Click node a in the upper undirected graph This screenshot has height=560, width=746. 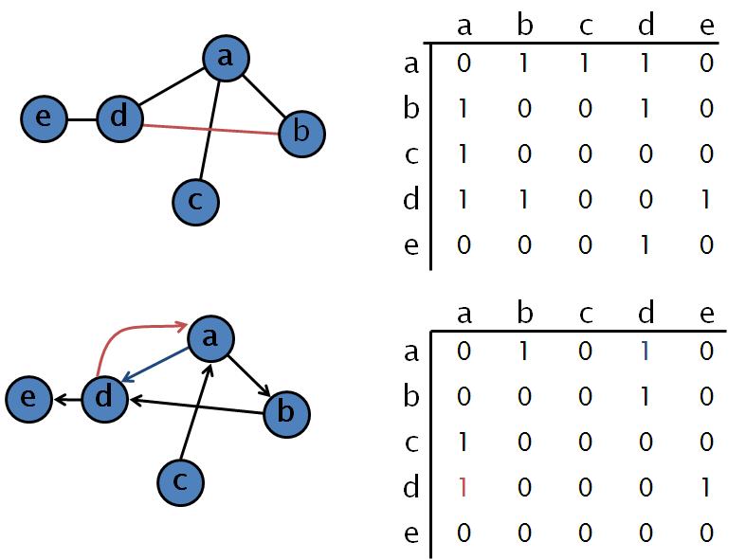[226, 59]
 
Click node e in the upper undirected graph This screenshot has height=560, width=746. [45, 118]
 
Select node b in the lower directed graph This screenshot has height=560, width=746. [286, 413]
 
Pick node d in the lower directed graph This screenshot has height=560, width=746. [104, 399]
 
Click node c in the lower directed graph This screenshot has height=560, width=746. [180, 482]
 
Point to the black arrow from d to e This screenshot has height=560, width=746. [65, 400]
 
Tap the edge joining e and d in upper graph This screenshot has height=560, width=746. [82, 119]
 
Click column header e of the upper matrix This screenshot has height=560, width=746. [706, 26]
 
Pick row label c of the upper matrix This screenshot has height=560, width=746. [410, 154]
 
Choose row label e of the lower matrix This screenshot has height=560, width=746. [410, 533]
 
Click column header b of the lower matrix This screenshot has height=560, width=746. [525, 314]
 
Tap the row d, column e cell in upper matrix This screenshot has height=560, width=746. [706, 200]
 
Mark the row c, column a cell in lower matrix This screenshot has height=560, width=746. [464, 443]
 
